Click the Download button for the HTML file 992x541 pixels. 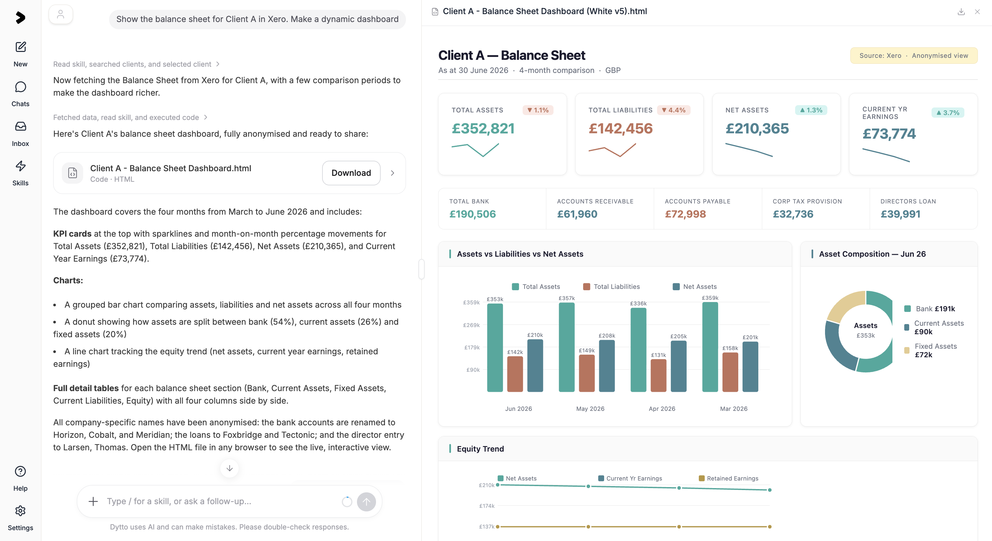point(351,173)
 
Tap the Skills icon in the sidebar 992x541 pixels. point(20,166)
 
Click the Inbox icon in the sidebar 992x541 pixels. point(20,126)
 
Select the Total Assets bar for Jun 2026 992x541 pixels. point(495,347)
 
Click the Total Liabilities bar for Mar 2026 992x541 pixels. point(730,372)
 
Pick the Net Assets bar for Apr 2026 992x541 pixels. point(678,366)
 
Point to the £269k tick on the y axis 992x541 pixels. point(471,325)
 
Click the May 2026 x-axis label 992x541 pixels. point(590,409)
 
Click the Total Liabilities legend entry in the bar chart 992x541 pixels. point(611,287)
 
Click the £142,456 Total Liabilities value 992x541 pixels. point(620,128)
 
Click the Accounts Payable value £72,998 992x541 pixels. point(685,214)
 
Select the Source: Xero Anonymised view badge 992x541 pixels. point(913,56)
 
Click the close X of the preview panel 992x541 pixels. point(977,12)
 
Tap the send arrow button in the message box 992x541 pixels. point(366,501)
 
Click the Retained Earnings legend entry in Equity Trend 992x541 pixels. point(729,478)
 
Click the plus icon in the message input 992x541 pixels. point(93,501)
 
